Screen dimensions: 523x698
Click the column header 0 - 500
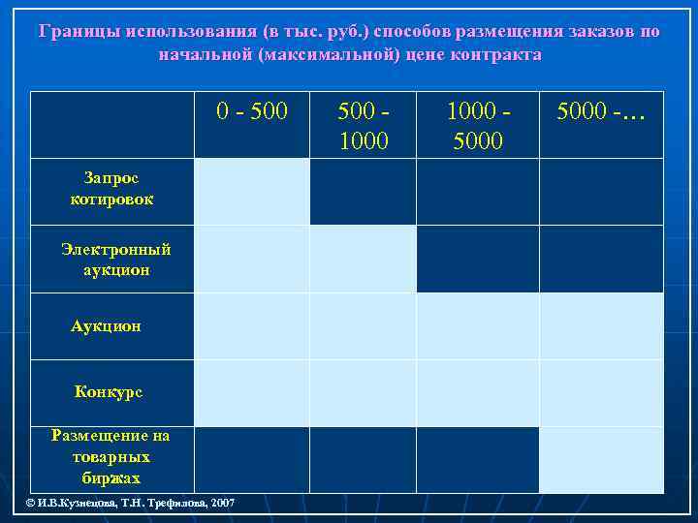coord(252,110)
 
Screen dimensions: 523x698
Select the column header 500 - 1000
coord(363,125)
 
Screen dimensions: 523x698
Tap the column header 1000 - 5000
coord(477,125)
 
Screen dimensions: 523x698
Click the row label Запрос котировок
coord(111,189)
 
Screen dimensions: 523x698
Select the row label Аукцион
coord(106,326)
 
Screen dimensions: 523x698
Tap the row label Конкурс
coord(109,392)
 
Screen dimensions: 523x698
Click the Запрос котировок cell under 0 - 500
coord(252,191)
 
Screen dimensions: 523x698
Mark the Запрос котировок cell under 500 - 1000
coord(363,191)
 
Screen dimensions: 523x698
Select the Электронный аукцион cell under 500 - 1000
coord(363,259)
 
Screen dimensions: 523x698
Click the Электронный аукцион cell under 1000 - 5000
coord(477,259)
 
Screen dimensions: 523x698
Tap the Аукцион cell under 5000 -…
coord(601,326)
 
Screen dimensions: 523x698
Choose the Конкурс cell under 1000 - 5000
coord(477,393)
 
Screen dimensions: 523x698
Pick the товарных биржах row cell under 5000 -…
coord(601,460)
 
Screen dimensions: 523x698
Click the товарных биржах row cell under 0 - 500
coord(252,460)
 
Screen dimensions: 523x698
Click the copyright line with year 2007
coord(130,504)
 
